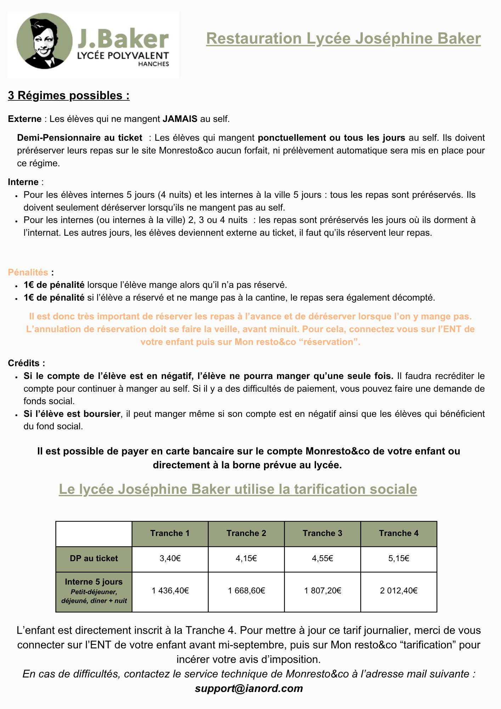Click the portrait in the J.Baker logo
pyautogui.click(x=44, y=41)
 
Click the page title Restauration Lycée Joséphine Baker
pyautogui.click(x=343, y=38)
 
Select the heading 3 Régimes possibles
pyautogui.click(x=69, y=95)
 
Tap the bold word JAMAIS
pyautogui.click(x=180, y=119)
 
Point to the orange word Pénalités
pyautogui.click(x=28, y=272)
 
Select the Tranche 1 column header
pyautogui.click(x=170, y=533)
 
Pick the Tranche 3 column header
pyautogui.click(x=322, y=533)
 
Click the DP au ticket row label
pyautogui.click(x=94, y=558)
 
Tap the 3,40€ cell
pyautogui.click(x=170, y=559)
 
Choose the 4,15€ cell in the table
pyautogui.click(x=246, y=559)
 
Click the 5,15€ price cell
pyautogui.click(x=399, y=559)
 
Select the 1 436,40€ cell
pyautogui.click(x=170, y=591)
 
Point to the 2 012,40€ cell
pyautogui.click(x=399, y=591)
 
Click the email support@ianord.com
pyautogui.click(x=249, y=688)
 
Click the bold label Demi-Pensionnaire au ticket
pyautogui.click(x=80, y=138)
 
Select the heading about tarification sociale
pyautogui.click(x=238, y=489)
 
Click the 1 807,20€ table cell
pyautogui.click(x=322, y=591)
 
